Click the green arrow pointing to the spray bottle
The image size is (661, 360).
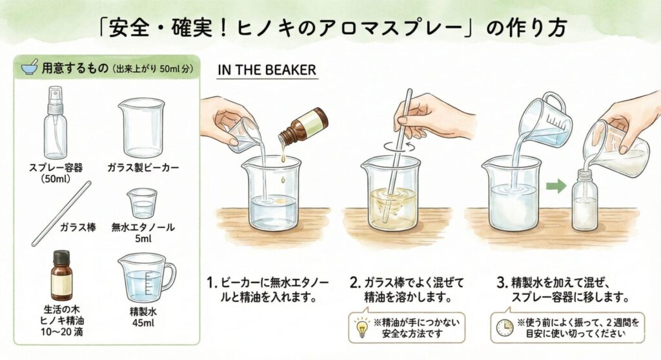(x=556, y=186)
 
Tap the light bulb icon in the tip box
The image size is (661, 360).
(x=361, y=328)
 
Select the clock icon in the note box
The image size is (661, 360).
(x=504, y=328)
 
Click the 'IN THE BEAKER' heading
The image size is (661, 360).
(x=267, y=70)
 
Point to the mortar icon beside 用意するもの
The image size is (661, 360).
(x=30, y=67)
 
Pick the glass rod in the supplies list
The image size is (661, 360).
(x=61, y=214)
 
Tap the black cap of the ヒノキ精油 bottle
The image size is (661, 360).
(x=61, y=257)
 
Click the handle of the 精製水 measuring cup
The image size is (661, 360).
(x=169, y=275)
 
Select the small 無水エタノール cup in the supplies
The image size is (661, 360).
(x=142, y=203)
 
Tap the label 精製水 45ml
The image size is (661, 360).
(x=143, y=317)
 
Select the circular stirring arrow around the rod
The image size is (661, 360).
(x=399, y=145)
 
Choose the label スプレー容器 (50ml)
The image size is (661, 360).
(x=56, y=173)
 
